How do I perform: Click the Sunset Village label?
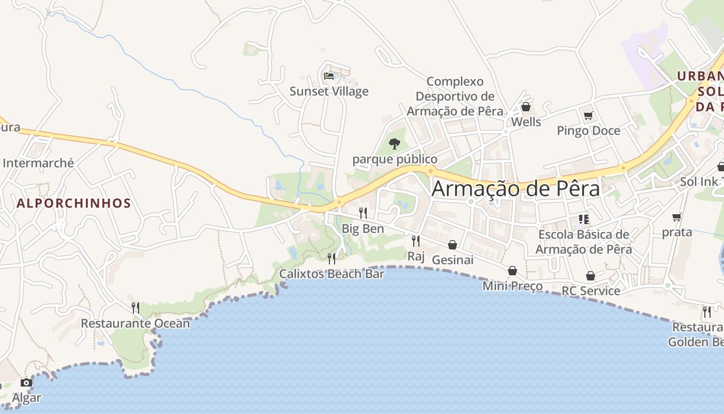click(329, 92)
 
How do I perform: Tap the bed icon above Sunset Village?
click(329, 76)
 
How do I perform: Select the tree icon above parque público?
click(395, 143)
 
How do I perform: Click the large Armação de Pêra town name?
click(516, 188)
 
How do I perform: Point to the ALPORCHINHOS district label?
click(74, 203)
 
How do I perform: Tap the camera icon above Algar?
click(26, 383)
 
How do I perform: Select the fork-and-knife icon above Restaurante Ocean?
click(135, 308)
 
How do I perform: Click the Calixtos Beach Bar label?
click(331, 274)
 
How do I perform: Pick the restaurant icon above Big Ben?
click(363, 213)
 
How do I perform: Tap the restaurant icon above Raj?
click(415, 241)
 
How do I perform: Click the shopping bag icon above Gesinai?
click(452, 245)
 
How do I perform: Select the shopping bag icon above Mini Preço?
click(512, 271)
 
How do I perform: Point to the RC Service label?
click(591, 291)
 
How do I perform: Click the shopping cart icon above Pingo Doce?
click(588, 115)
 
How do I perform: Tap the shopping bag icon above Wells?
click(526, 107)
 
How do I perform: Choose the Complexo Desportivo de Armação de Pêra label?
click(455, 96)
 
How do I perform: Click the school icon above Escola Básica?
click(584, 219)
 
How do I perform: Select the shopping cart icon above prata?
click(676, 217)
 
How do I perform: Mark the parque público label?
click(395, 159)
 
